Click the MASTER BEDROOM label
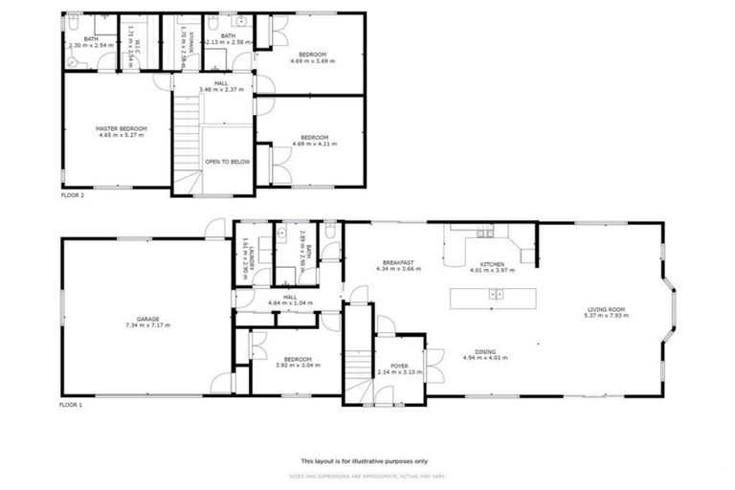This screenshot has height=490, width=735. coord(121,128)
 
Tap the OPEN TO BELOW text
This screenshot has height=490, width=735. coord(228,162)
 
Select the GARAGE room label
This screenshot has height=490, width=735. coord(146,319)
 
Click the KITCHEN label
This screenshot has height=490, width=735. coord(492,263)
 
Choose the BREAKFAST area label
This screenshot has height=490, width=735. coord(397,263)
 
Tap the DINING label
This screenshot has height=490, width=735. coord(485,351)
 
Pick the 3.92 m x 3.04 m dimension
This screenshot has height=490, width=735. coord(293,365)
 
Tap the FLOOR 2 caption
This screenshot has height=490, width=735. coord(73,195)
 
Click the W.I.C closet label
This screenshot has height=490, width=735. coord(139,42)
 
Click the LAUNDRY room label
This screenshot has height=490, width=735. coord(246,258)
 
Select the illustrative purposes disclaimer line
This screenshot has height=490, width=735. coord(367,460)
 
